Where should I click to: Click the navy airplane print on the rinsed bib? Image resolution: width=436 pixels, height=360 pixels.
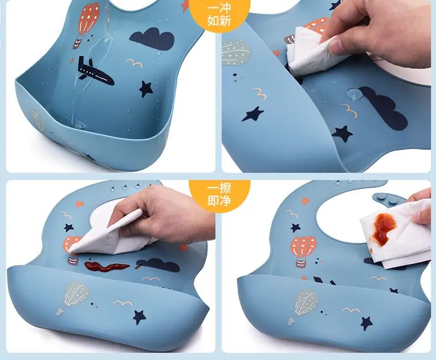coord(94,72)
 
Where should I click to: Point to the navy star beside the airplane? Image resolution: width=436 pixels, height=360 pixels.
coord(146,89)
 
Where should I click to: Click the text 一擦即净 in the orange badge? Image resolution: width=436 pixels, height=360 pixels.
coord(219,194)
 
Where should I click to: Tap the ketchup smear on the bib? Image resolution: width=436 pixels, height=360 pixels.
coord(107,267)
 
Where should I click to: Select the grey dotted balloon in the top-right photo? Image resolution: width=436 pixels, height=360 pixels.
coord(235,52)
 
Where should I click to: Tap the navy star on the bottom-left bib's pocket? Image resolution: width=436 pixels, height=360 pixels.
coord(139,316)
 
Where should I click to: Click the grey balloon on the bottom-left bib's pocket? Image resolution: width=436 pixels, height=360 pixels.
coord(74,298)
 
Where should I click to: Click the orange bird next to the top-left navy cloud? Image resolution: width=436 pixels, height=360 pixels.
coord(135,63)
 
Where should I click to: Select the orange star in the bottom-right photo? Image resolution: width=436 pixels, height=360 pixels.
coord(305,200)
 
